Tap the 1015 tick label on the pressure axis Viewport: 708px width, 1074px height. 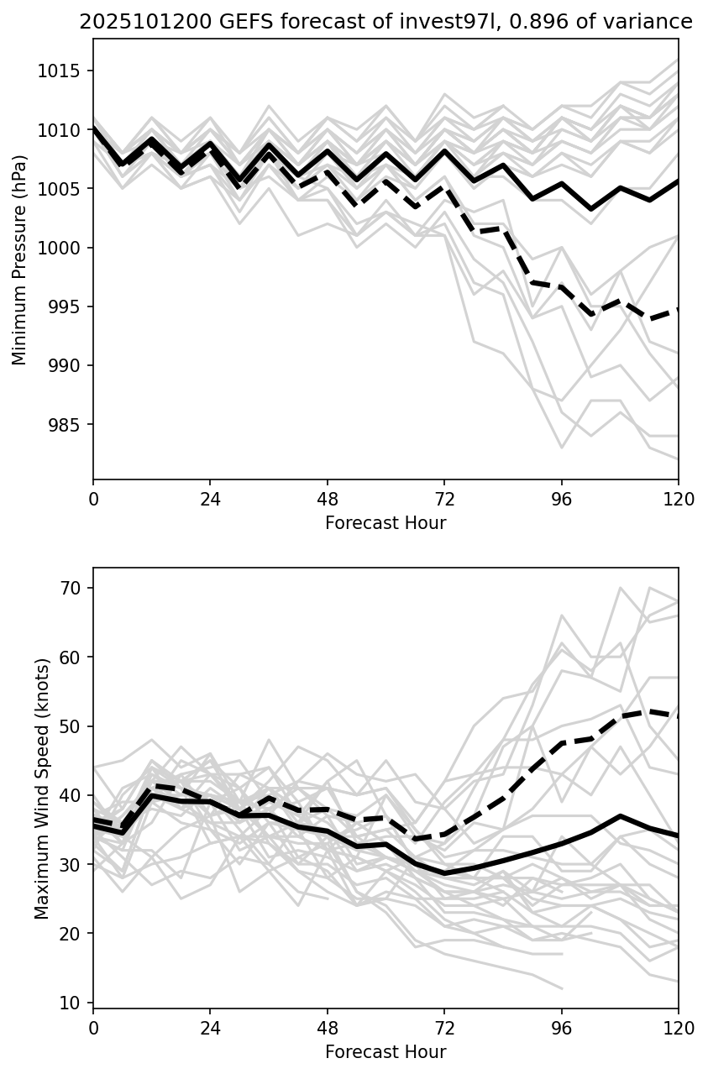(x=61, y=71)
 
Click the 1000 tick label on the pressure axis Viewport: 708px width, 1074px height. (x=61, y=248)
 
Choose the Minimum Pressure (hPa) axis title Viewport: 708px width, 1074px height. (x=20, y=259)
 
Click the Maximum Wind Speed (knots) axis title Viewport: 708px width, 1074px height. (x=42, y=788)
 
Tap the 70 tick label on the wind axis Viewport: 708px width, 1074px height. (x=72, y=588)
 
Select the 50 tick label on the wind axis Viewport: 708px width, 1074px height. (x=72, y=726)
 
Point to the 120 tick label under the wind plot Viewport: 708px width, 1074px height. (x=678, y=1029)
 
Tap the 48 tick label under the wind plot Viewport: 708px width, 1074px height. (x=328, y=1029)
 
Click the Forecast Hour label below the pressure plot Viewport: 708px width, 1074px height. (x=385, y=523)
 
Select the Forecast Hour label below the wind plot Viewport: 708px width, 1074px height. (x=385, y=1052)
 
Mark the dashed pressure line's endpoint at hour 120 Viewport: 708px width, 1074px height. (x=678, y=309)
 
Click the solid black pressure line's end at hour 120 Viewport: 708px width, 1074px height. (x=678, y=181)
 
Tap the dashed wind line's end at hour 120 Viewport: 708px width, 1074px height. (x=678, y=716)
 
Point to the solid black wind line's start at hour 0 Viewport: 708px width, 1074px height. (x=94, y=826)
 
